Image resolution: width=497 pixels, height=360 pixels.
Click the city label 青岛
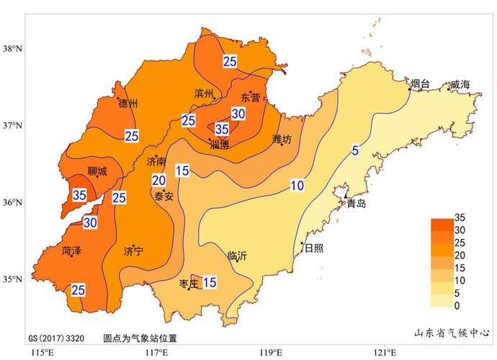pyautogui.click(x=357, y=204)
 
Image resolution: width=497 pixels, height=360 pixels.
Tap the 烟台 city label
pyautogui.click(x=420, y=85)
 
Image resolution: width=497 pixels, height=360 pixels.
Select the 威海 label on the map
pyautogui.click(x=460, y=85)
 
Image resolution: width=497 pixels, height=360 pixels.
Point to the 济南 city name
pyautogui.click(x=156, y=161)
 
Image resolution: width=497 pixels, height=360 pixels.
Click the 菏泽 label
pyautogui.click(x=72, y=251)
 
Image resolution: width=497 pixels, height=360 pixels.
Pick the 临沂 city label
pyautogui.click(x=237, y=256)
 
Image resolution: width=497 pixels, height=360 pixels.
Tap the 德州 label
pyautogui.click(x=127, y=104)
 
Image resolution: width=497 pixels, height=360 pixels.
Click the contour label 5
pyautogui.click(x=355, y=150)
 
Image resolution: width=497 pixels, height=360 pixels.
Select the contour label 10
pyautogui.click(x=297, y=186)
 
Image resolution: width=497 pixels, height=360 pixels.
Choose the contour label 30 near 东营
pyautogui.click(x=238, y=114)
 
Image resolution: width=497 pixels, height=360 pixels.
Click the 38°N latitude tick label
pyautogui.click(x=13, y=49)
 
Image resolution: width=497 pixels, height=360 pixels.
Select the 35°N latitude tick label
pyautogui.click(x=13, y=279)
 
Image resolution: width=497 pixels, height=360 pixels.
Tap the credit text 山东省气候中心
pyautogui.click(x=452, y=333)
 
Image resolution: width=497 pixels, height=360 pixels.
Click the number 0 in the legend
pyautogui.click(x=457, y=306)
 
